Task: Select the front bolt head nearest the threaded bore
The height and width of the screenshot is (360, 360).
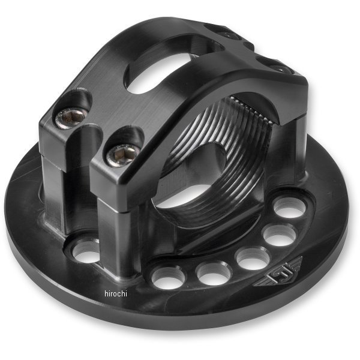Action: tap(118, 156)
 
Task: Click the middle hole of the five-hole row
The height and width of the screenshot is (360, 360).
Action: tap(252, 258)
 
